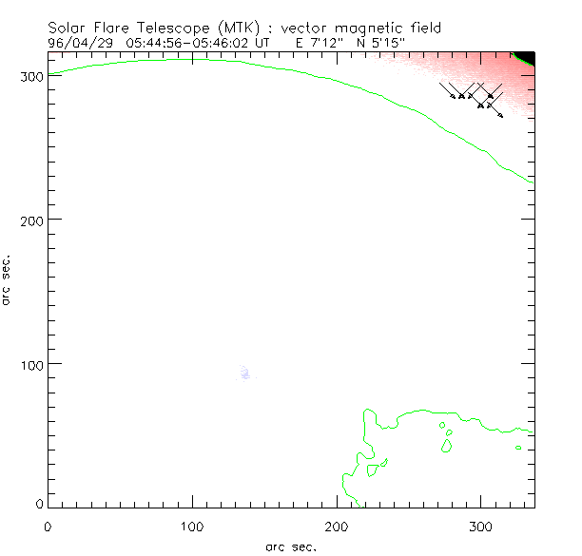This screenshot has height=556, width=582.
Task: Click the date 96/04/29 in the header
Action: point(80,43)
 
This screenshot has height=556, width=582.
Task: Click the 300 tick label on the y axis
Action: point(28,74)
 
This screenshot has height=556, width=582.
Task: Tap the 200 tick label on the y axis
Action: point(28,220)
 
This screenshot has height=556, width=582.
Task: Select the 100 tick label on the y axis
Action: point(28,365)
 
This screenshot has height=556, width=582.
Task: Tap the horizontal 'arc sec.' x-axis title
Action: point(290,546)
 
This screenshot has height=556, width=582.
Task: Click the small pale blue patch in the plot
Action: point(245,374)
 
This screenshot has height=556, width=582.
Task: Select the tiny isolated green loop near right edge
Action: point(518,448)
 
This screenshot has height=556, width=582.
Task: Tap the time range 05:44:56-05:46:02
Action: point(184,43)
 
